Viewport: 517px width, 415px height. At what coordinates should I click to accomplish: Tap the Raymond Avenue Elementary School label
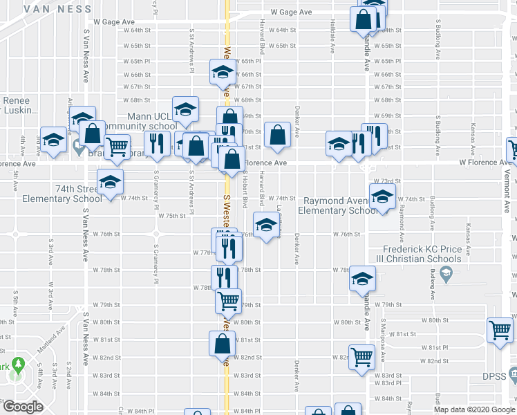click(341, 206)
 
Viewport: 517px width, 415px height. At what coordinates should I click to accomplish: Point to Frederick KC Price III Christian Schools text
click(423, 254)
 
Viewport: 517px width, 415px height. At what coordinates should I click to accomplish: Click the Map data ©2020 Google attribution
click(475, 409)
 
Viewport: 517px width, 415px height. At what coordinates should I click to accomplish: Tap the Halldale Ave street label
click(333, 44)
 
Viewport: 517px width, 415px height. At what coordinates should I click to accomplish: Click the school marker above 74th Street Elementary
click(110, 182)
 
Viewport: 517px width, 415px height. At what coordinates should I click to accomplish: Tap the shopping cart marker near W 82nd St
click(361, 357)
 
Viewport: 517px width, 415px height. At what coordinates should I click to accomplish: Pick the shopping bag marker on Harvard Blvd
click(277, 135)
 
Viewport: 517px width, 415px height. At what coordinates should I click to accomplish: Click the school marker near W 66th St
click(223, 72)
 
